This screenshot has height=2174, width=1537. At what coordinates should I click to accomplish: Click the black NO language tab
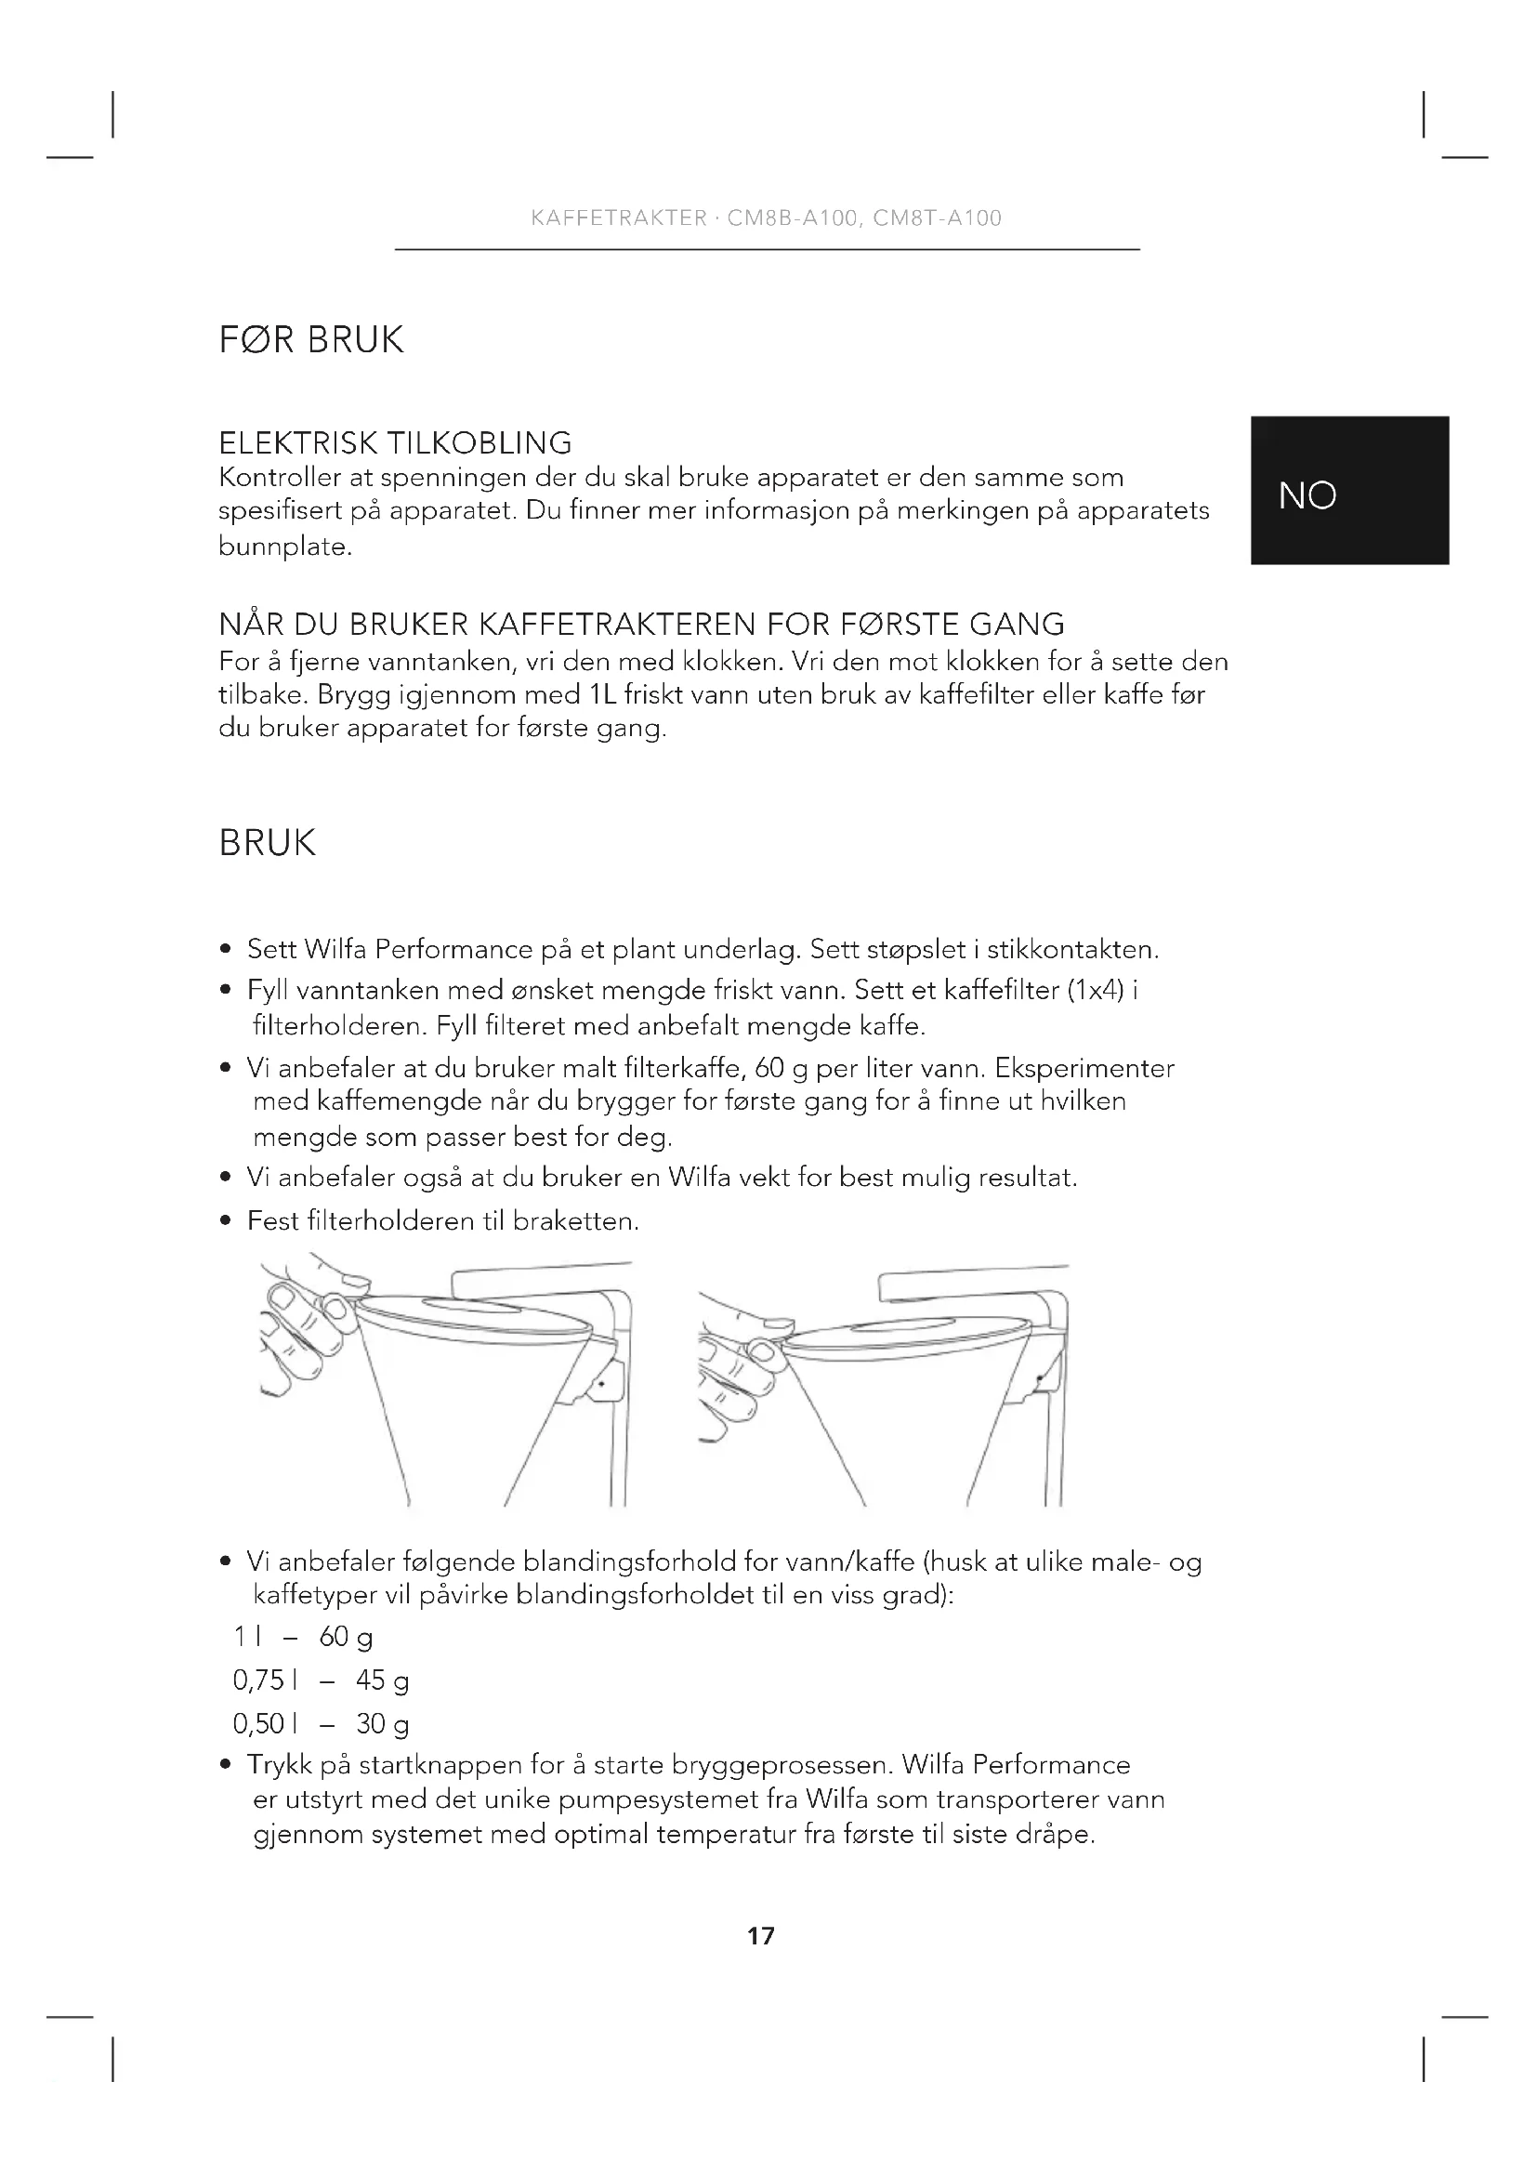(x=1348, y=491)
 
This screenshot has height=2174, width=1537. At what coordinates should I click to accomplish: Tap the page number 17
(x=760, y=1935)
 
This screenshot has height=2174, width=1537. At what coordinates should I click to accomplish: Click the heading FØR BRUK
(x=311, y=339)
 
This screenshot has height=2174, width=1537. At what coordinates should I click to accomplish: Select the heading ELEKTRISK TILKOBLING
(x=395, y=442)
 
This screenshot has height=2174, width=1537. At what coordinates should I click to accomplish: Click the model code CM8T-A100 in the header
(x=937, y=217)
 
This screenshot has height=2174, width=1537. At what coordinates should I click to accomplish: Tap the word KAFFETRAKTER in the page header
(x=619, y=217)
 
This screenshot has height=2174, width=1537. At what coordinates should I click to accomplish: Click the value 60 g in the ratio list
(x=347, y=1636)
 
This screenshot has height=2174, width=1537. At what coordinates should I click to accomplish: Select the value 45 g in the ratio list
(x=382, y=1680)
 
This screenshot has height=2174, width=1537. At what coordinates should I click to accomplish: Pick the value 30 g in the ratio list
(x=382, y=1724)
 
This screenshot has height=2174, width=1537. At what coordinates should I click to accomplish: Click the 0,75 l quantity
(x=265, y=1680)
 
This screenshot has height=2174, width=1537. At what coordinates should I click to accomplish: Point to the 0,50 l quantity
(x=265, y=1724)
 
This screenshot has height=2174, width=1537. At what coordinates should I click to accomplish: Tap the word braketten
(x=575, y=1221)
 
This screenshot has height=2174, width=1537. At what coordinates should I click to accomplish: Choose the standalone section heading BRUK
(x=267, y=843)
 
